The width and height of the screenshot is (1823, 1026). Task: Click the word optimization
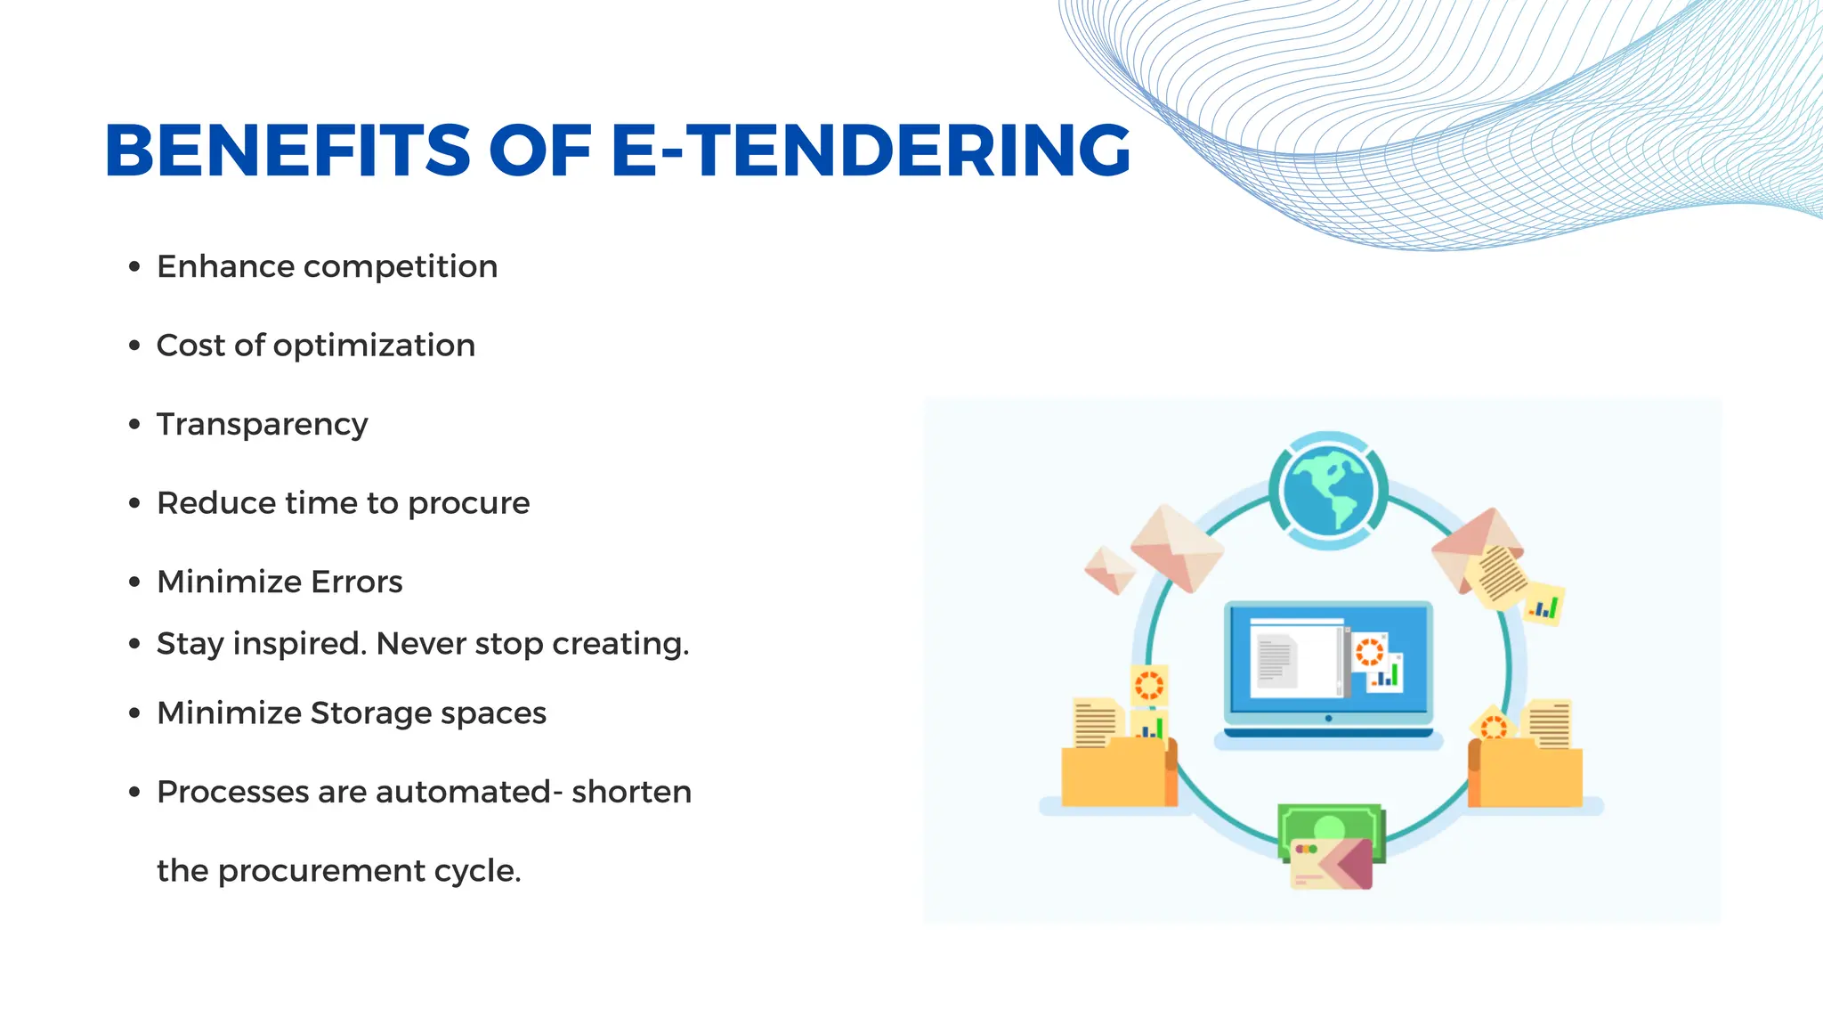(x=374, y=346)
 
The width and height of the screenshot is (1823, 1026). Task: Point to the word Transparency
(x=262, y=425)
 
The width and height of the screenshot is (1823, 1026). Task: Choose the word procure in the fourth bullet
(x=468, y=504)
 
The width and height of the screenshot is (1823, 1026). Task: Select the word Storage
(x=370, y=713)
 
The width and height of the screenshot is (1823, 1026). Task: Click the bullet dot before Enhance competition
(x=134, y=266)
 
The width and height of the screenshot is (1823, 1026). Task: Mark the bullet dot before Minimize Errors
(x=134, y=582)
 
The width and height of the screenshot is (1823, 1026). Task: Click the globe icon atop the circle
(x=1327, y=491)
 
